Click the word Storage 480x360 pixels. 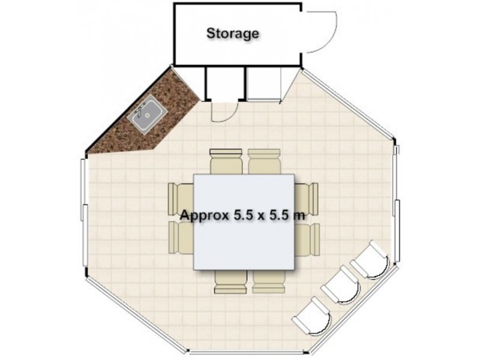(233, 33)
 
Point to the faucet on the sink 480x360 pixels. (140, 110)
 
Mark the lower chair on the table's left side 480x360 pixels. (181, 237)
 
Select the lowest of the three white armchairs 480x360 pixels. (312, 315)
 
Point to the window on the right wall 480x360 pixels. (395, 204)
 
